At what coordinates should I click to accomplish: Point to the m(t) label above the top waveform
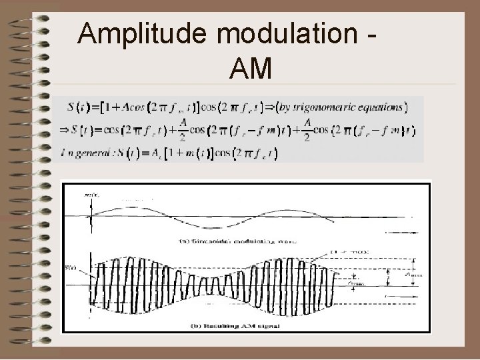[89, 195]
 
